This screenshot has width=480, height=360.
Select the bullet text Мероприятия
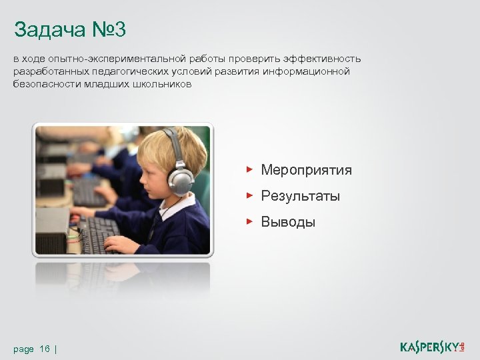(306, 170)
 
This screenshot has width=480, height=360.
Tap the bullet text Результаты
(300, 196)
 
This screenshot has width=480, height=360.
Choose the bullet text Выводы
(288, 222)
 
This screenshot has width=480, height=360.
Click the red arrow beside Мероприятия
(249, 169)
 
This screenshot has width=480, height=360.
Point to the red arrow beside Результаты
(249, 195)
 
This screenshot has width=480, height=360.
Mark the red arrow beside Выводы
(249, 221)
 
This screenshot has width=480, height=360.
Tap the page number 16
(45, 349)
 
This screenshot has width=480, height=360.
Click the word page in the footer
(23, 349)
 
